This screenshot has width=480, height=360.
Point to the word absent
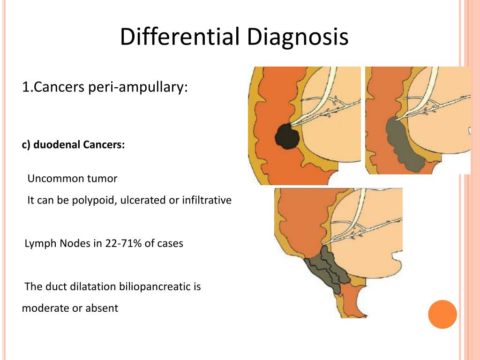(x=102, y=308)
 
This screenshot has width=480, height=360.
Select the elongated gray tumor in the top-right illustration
(x=404, y=145)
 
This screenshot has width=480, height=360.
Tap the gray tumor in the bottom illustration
(x=328, y=272)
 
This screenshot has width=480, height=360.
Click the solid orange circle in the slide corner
(x=442, y=314)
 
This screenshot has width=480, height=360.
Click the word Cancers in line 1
(x=58, y=87)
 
